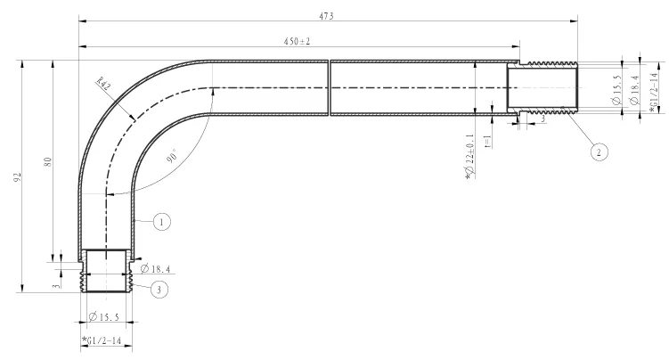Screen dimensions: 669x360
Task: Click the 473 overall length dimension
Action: [326, 16]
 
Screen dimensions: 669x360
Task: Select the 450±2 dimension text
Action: [297, 41]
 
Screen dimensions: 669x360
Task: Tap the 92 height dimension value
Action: [17, 177]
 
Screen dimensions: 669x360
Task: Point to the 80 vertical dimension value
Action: [48, 161]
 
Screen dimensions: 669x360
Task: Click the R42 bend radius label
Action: [103, 83]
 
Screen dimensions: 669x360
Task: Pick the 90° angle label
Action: [173, 156]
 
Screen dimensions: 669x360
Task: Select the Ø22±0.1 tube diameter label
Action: [469, 156]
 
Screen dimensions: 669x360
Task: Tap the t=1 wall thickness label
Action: [488, 142]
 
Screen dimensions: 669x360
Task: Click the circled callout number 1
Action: [161, 222]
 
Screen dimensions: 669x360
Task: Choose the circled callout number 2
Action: [599, 152]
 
